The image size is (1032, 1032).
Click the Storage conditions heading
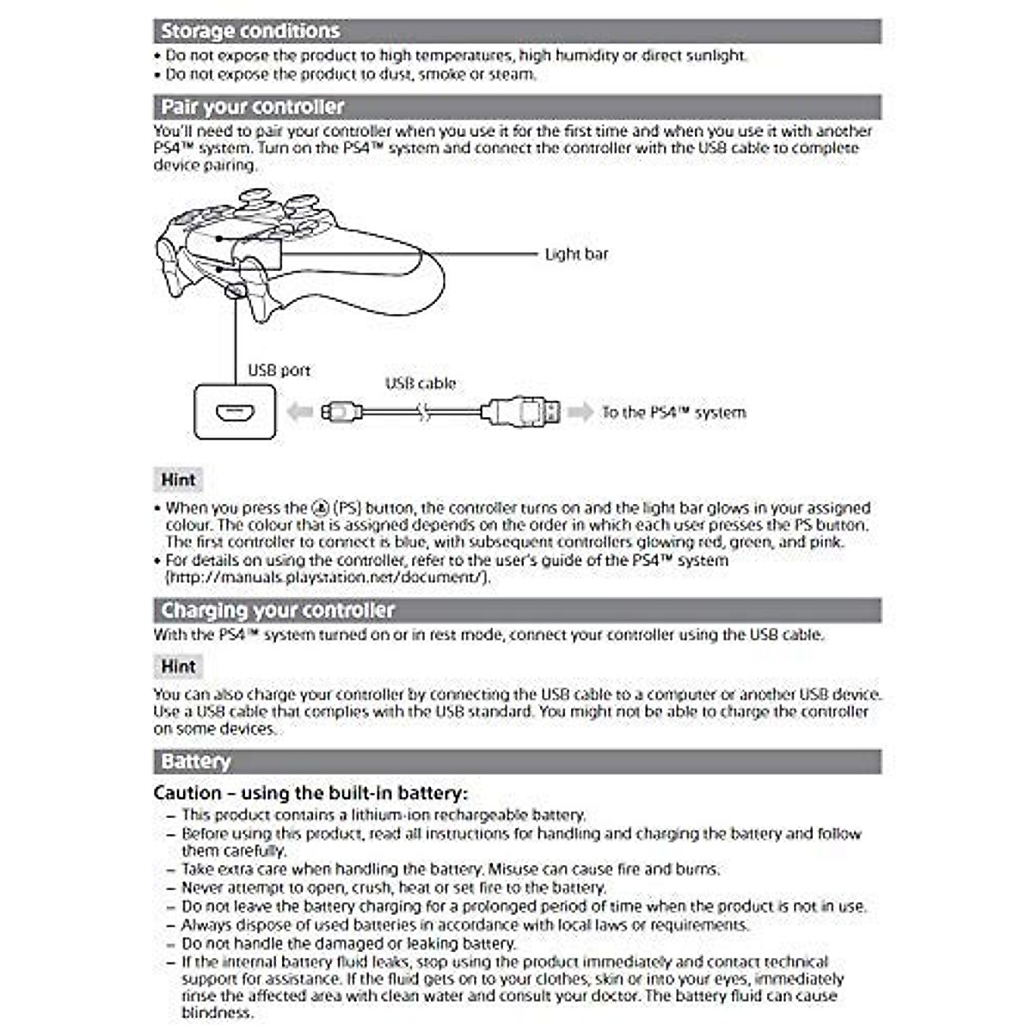(x=250, y=31)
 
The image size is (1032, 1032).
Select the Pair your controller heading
(x=253, y=107)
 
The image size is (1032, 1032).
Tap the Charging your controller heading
(x=278, y=611)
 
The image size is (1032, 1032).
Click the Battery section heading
(x=196, y=762)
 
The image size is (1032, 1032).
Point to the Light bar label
(x=576, y=254)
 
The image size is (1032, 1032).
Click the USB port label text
(x=279, y=371)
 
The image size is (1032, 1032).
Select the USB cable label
(x=421, y=384)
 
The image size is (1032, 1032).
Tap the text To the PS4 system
(x=673, y=413)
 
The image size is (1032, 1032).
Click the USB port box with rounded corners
(x=236, y=413)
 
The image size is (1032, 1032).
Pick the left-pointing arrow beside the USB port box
(x=299, y=413)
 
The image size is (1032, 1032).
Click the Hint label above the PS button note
(x=179, y=480)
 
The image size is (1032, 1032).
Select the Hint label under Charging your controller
(x=179, y=666)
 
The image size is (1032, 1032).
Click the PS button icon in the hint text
(x=320, y=508)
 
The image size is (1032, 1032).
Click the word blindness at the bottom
(x=217, y=1013)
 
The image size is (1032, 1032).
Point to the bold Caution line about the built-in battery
(x=310, y=793)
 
